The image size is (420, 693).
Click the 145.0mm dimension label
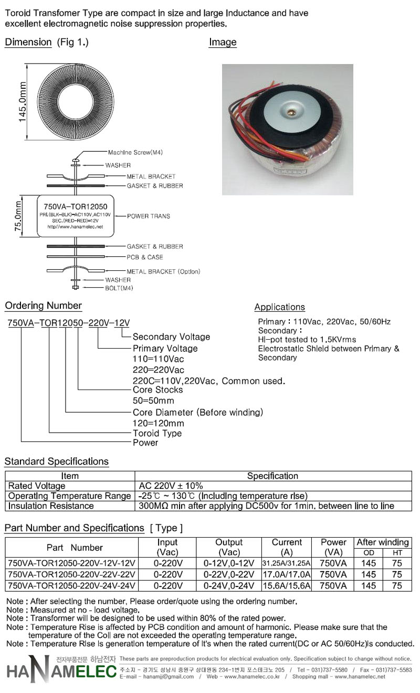point(22,102)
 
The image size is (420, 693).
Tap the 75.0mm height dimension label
point(18,216)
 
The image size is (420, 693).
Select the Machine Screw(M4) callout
point(135,152)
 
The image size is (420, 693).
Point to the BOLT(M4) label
point(119,288)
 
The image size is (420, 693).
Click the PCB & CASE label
point(145,257)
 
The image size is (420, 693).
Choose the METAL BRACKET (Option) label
point(163,271)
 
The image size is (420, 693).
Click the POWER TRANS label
point(149,216)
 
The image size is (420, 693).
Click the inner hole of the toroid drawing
point(76,101)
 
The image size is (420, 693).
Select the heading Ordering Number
point(43,306)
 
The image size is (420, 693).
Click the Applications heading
point(280,307)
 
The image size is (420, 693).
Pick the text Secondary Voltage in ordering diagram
point(171,337)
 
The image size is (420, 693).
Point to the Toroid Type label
point(157,433)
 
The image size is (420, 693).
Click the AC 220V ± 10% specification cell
point(171,486)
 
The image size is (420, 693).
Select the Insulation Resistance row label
point(51,506)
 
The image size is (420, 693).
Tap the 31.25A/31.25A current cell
point(287,563)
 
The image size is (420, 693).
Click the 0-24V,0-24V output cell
point(229,586)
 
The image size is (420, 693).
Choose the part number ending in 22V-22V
point(71,574)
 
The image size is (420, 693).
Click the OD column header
point(369,552)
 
